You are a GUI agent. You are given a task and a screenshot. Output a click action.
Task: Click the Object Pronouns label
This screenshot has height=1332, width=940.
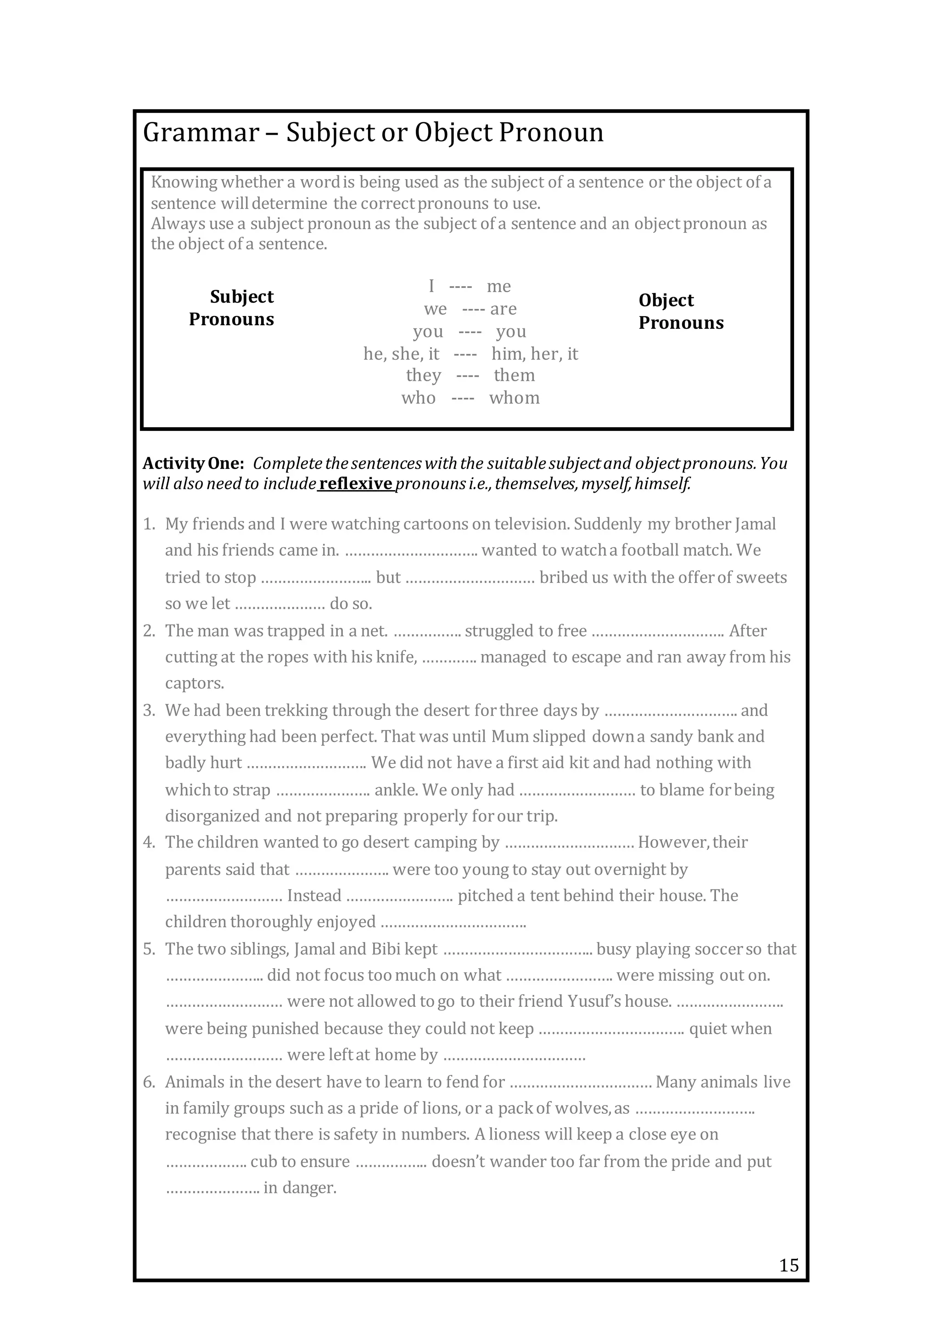tap(681, 311)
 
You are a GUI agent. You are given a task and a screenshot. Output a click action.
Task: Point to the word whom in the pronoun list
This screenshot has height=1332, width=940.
tap(515, 398)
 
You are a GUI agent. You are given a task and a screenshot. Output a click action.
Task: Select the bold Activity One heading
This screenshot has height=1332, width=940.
tap(194, 463)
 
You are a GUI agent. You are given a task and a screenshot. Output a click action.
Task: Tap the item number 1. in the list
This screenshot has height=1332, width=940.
tap(149, 525)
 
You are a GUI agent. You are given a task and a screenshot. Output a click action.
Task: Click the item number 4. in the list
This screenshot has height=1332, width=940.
tap(149, 842)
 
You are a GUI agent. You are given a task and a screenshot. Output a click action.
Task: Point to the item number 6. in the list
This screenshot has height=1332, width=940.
tap(149, 1082)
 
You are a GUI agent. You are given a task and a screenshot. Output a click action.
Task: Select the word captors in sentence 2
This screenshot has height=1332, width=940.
tap(194, 683)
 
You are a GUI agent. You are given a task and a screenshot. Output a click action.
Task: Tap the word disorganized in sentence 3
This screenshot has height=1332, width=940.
tap(212, 816)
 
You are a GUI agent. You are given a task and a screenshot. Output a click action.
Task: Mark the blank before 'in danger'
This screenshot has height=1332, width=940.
tap(213, 1188)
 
